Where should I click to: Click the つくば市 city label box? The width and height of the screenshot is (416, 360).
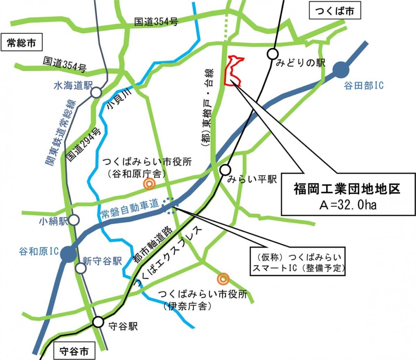click(334, 12)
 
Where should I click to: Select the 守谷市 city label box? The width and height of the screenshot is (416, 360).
click(74, 350)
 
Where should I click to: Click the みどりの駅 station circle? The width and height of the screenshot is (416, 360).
click(273, 53)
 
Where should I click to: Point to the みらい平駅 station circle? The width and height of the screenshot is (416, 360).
click(225, 170)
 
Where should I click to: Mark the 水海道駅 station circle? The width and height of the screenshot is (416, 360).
click(96, 93)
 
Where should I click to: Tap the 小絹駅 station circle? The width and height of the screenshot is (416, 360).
click(74, 220)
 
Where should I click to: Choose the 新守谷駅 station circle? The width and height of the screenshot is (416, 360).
click(81, 268)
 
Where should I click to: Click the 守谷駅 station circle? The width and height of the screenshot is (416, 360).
click(98, 322)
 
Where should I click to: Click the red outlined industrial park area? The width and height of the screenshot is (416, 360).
click(232, 71)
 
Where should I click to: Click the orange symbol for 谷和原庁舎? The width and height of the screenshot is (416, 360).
click(149, 184)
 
